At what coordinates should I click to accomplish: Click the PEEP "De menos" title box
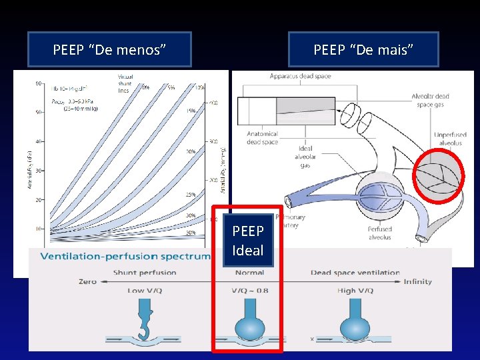(x=109, y=49)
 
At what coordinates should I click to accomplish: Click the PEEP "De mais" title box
(x=363, y=49)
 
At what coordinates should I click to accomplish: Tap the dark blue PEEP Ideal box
(x=248, y=241)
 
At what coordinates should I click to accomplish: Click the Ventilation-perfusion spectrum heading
(x=126, y=257)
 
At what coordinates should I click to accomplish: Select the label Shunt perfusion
(x=145, y=272)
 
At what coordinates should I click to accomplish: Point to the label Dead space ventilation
(x=355, y=272)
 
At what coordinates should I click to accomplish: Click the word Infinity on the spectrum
(x=417, y=282)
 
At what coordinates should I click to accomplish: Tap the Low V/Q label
(x=145, y=291)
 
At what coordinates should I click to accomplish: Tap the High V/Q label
(x=355, y=291)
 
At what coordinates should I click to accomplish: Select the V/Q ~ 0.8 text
(x=249, y=291)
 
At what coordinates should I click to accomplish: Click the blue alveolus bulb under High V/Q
(x=355, y=325)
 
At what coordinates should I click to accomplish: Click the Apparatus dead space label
(x=300, y=76)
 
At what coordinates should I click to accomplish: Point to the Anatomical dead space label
(x=262, y=137)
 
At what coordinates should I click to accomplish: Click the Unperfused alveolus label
(x=450, y=138)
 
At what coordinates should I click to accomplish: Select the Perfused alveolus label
(x=379, y=233)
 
